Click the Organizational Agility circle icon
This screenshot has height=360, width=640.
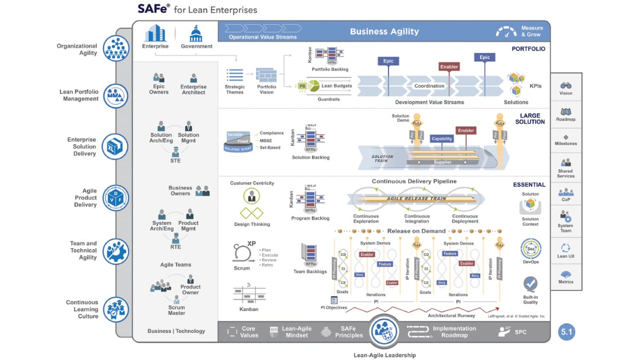click(x=116, y=49)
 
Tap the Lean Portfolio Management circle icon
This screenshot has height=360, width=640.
click(x=116, y=95)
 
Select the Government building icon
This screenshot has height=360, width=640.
click(x=196, y=34)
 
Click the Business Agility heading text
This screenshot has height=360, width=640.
click(x=384, y=31)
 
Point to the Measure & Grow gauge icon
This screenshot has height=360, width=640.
click(x=506, y=31)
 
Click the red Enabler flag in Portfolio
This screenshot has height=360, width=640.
click(x=449, y=67)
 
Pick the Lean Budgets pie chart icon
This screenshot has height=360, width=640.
click(x=313, y=85)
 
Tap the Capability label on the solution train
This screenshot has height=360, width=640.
click(x=442, y=139)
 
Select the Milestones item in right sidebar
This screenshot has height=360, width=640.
click(x=566, y=139)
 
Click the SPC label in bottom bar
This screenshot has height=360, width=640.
click(x=521, y=332)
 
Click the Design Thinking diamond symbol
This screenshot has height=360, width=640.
click(x=252, y=213)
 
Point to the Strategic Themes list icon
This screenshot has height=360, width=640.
click(x=235, y=75)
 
